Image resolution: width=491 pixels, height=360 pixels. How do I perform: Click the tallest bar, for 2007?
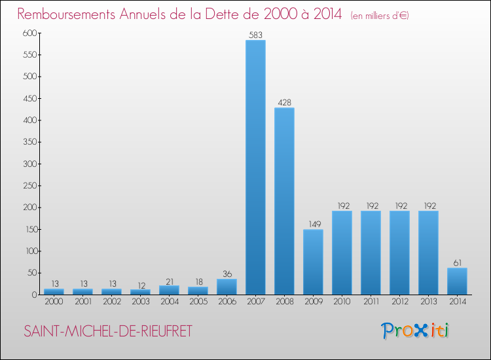[x=255, y=167]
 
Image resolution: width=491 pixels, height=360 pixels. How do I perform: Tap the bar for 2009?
[x=313, y=262]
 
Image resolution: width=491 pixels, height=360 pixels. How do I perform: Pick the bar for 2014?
[x=457, y=281]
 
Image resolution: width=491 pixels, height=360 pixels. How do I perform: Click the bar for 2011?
[x=371, y=252]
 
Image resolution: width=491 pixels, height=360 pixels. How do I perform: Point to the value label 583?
[x=255, y=34]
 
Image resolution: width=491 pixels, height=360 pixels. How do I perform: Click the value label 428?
[x=284, y=102]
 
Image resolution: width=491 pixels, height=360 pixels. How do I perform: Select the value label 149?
[x=313, y=223]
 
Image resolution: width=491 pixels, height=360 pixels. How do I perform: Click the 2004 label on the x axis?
[x=169, y=302]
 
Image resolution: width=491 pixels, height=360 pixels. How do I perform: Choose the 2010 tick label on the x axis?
[x=342, y=302]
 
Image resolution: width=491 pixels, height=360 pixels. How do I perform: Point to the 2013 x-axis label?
[x=428, y=302]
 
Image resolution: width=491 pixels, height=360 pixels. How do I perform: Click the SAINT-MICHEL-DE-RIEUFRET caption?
[x=108, y=331]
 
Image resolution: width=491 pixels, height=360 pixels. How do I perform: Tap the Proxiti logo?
[x=416, y=331]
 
